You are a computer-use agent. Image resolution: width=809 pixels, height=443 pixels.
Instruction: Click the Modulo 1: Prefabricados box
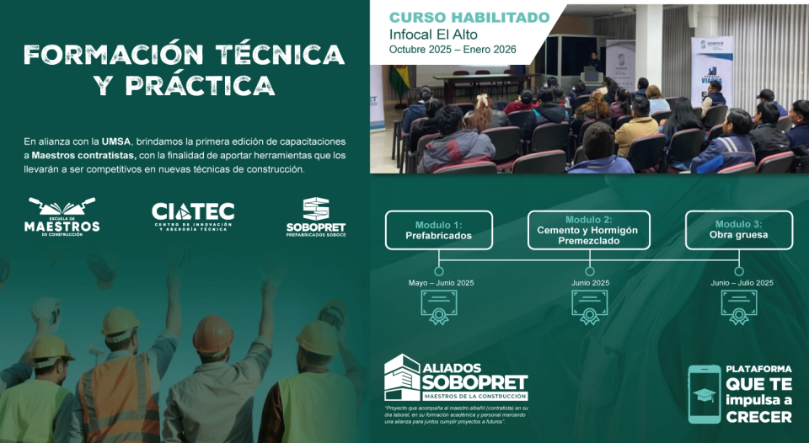438,230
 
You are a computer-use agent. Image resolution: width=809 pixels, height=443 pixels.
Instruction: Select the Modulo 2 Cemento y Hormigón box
589,230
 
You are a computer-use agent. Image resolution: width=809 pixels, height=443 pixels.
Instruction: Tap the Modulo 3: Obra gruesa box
738,230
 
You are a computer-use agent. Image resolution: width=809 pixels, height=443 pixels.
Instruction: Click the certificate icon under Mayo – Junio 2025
438,307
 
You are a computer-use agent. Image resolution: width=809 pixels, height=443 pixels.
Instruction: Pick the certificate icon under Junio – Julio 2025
738,307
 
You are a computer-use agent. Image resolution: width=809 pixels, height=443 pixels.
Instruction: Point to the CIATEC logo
192,216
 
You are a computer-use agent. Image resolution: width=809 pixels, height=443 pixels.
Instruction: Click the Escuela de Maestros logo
62,216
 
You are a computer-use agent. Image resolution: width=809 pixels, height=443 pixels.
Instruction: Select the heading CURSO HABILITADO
469,17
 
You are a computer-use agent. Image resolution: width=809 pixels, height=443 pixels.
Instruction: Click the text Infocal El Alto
434,35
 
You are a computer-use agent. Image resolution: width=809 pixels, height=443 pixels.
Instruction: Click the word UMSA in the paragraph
116,141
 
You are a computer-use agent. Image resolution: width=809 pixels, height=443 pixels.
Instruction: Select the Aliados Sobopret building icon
401,376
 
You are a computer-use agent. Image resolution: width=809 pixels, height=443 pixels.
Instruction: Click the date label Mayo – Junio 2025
441,283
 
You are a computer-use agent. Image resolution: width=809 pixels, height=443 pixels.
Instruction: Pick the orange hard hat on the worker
212,334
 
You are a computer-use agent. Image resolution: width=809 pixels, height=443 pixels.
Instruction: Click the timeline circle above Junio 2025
589,271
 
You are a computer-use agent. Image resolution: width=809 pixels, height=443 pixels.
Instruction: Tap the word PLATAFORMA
758,368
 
